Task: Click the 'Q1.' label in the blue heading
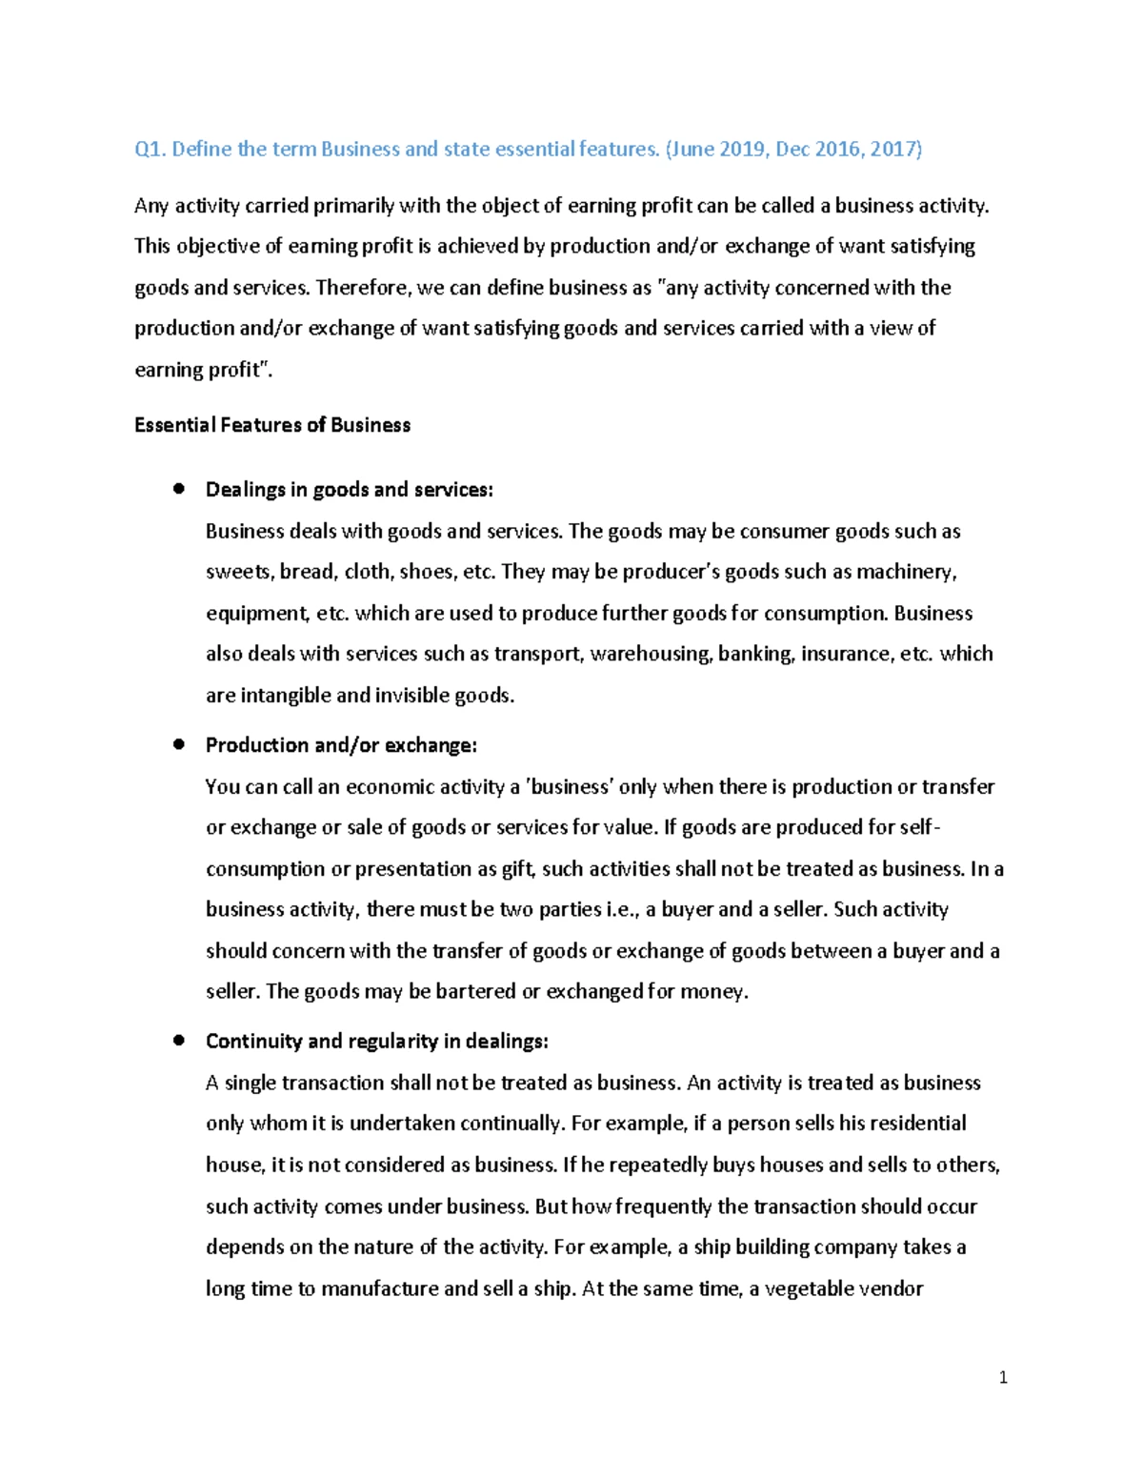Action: coord(150,150)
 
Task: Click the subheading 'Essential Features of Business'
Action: coord(272,425)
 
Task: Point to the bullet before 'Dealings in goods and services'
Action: coord(178,489)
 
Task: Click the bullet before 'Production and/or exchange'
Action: coord(178,744)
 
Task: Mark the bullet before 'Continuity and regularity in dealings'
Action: coord(178,1041)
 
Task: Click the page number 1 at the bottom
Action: coord(1003,1377)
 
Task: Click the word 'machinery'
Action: coord(906,572)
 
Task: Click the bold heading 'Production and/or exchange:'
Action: coord(341,745)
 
